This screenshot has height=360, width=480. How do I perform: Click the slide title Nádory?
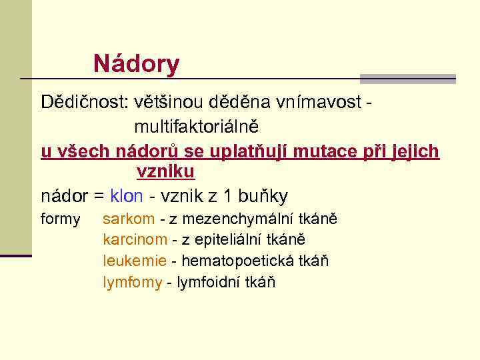(136, 64)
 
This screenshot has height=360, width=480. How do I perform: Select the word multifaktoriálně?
(197, 125)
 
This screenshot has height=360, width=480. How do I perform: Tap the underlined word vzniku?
(165, 172)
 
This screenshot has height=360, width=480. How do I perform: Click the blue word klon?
(126, 196)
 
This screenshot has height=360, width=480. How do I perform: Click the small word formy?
(61, 219)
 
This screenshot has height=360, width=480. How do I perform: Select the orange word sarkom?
(129, 219)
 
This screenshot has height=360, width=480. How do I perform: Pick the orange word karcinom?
(135, 239)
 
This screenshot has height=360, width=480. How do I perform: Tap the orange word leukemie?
(134, 261)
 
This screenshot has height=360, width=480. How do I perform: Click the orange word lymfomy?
(132, 282)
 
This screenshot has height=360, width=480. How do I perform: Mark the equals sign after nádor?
(99, 197)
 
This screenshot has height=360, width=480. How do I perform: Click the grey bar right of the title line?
(407, 79)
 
